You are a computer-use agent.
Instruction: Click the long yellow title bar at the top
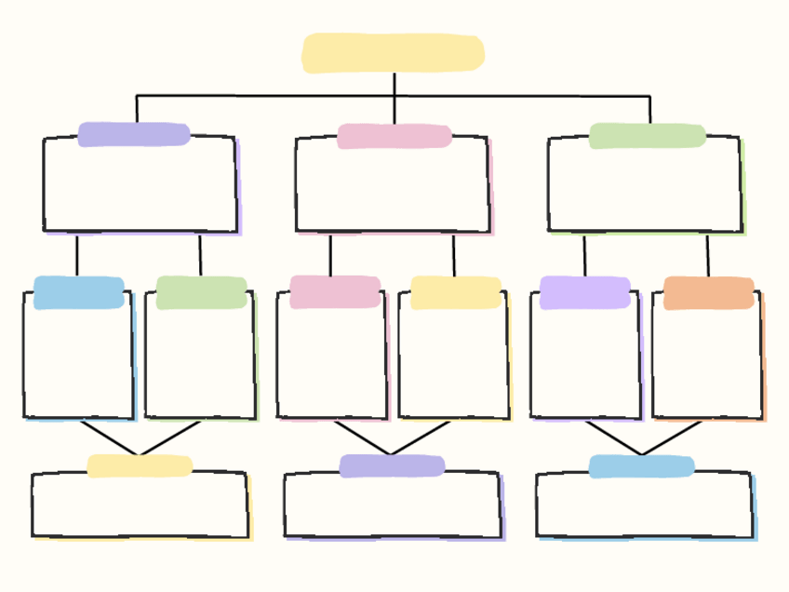click(x=393, y=53)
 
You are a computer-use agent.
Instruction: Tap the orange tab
click(x=709, y=293)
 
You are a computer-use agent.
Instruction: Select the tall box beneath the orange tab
click(x=707, y=363)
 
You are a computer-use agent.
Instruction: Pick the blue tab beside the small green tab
click(x=79, y=292)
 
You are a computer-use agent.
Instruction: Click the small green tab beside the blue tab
click(x=201, y=292)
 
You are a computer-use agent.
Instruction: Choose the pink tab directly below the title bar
click(x=394, y=136)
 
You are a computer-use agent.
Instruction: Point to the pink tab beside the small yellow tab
click(x=334, y=291)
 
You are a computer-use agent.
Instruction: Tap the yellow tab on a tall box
click(x=456, y=292)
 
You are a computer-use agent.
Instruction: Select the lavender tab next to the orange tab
click(x=585, y=292)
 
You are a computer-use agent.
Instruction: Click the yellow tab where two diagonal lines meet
click(x=140, y=465)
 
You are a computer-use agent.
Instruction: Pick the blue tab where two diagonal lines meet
click(x=641, y=466)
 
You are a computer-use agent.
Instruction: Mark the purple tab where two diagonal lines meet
click(x=392, y=465)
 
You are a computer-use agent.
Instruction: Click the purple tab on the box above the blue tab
click(x=134, y=134)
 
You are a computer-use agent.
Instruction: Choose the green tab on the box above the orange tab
click(x=647, y=136)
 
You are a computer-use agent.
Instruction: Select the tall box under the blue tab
click(x=78, y=363)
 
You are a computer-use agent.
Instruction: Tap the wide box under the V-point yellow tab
click(x=140, y=507)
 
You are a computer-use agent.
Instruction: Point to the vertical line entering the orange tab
click(x=707, y=255)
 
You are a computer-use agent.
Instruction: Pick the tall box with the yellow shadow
click(x=454, y=363)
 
